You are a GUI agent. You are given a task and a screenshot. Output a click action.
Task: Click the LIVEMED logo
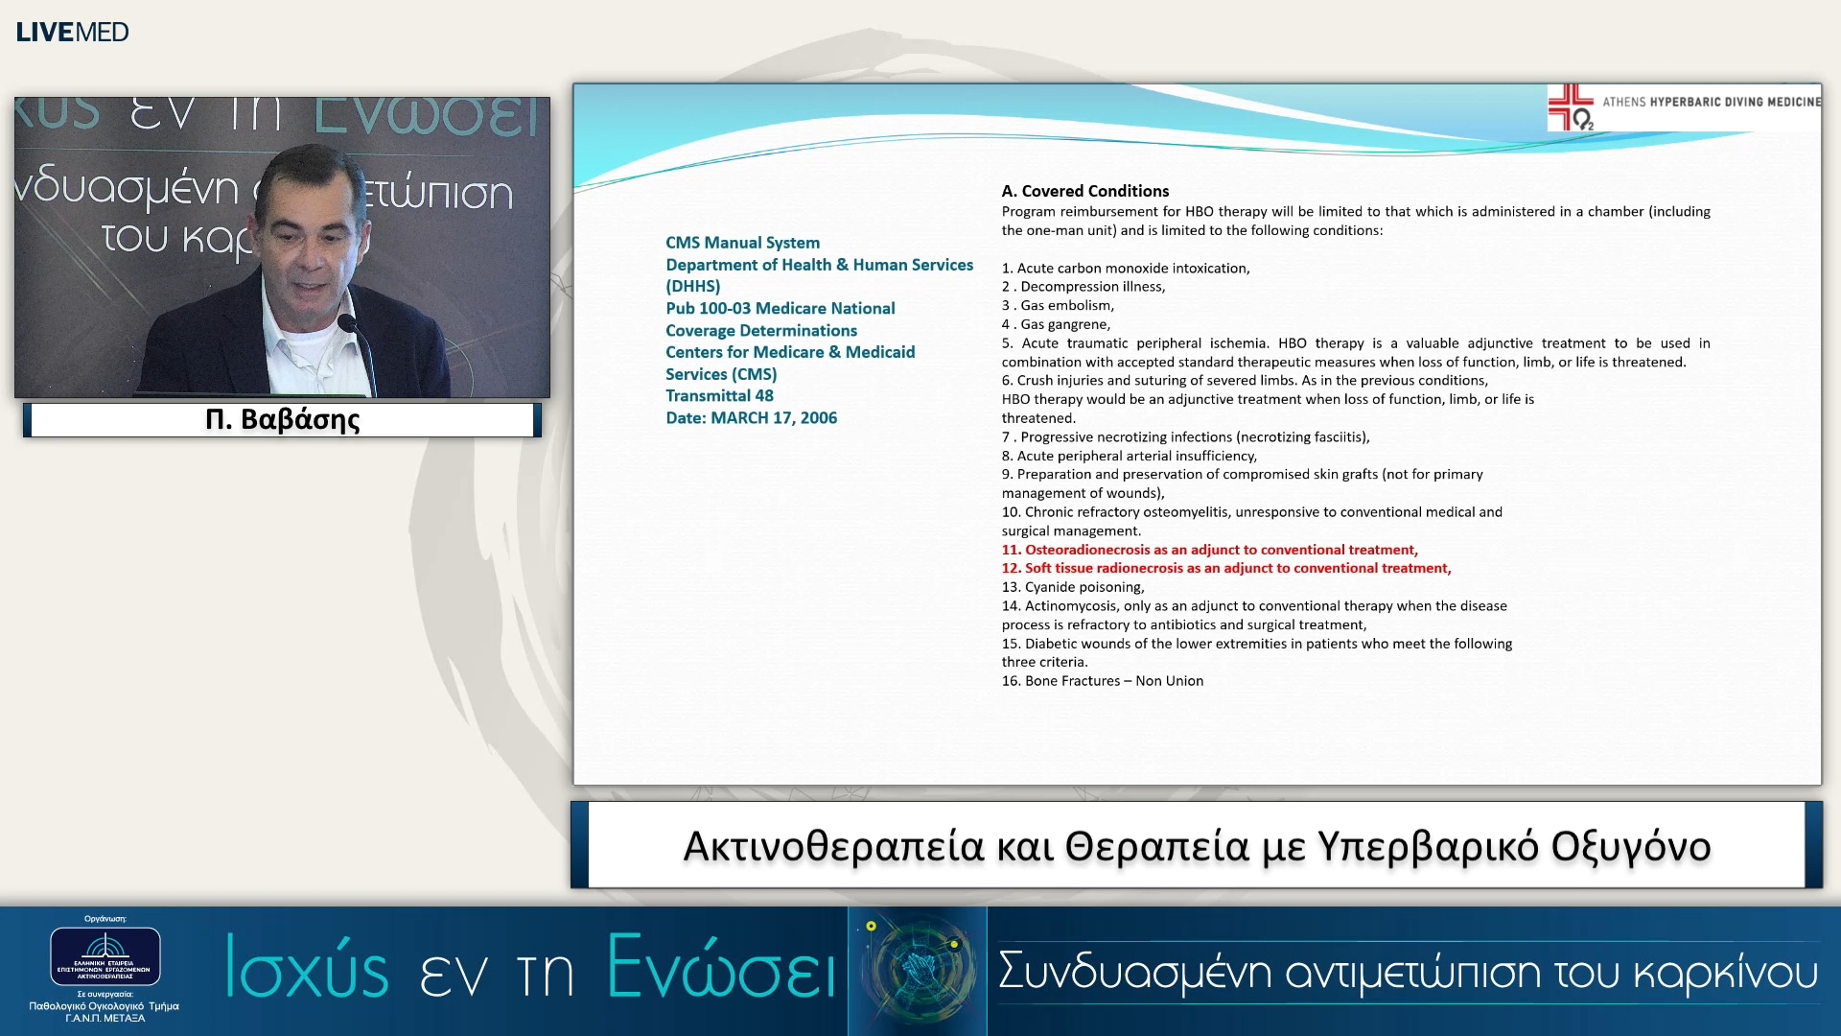[72, 32]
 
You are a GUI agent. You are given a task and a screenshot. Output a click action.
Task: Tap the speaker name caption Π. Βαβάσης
[283, 419]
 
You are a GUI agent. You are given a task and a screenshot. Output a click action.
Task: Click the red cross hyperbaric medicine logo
[1570, 107]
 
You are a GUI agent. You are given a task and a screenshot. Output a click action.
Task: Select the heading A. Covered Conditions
[1084, 191]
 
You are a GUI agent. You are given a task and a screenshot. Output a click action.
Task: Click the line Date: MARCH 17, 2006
[751, 418]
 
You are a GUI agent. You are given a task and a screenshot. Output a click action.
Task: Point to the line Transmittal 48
[719, 396]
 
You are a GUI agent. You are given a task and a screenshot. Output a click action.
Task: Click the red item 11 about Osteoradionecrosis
[1209, 550]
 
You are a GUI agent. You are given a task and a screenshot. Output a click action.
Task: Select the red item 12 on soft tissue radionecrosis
[1225, 568]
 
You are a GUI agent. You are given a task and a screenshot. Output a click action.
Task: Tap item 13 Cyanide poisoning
[1072, 587]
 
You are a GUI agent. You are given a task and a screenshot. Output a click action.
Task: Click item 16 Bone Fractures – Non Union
[1102, 681]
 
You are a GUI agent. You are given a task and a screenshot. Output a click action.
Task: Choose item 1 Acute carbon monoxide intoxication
[1125, 269]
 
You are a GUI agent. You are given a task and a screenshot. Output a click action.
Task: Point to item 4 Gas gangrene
[1056, 324]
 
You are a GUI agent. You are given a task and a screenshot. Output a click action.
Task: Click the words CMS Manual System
[742, 243]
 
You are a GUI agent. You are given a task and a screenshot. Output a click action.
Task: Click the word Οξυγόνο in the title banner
[1630, 847]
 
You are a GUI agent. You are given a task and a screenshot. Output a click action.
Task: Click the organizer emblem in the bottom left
[105, 955]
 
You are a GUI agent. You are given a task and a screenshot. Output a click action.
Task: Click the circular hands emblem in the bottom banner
[918, 970]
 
